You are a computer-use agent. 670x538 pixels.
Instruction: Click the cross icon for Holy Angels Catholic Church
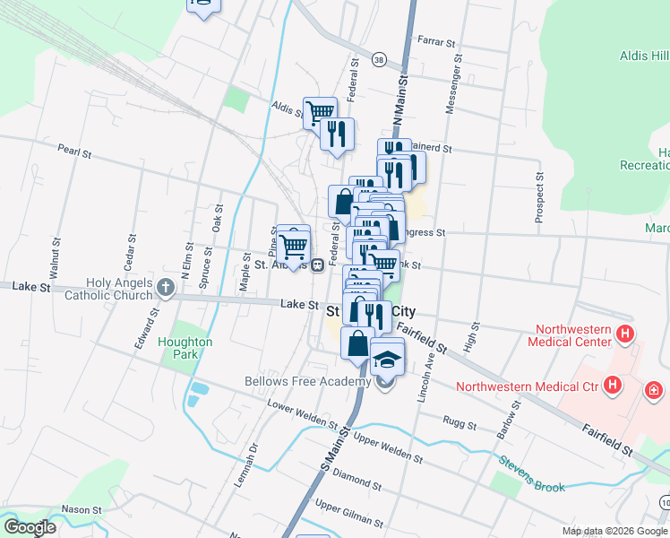click(164, 288)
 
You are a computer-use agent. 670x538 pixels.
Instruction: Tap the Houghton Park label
click(185, 347)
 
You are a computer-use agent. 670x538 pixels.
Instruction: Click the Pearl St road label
click(74, 153)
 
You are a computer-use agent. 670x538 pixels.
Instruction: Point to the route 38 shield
click(380, 60)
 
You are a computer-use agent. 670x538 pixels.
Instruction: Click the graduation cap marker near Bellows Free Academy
click(387, 359)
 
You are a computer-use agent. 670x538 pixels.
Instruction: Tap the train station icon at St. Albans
click(317, 265)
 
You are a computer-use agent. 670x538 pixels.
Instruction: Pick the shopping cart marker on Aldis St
click(320, 113)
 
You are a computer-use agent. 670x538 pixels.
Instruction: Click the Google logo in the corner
click(30, 526)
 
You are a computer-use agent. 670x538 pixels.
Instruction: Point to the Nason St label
click(82, 509)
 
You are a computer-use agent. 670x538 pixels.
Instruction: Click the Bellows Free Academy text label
click(307, 381)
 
